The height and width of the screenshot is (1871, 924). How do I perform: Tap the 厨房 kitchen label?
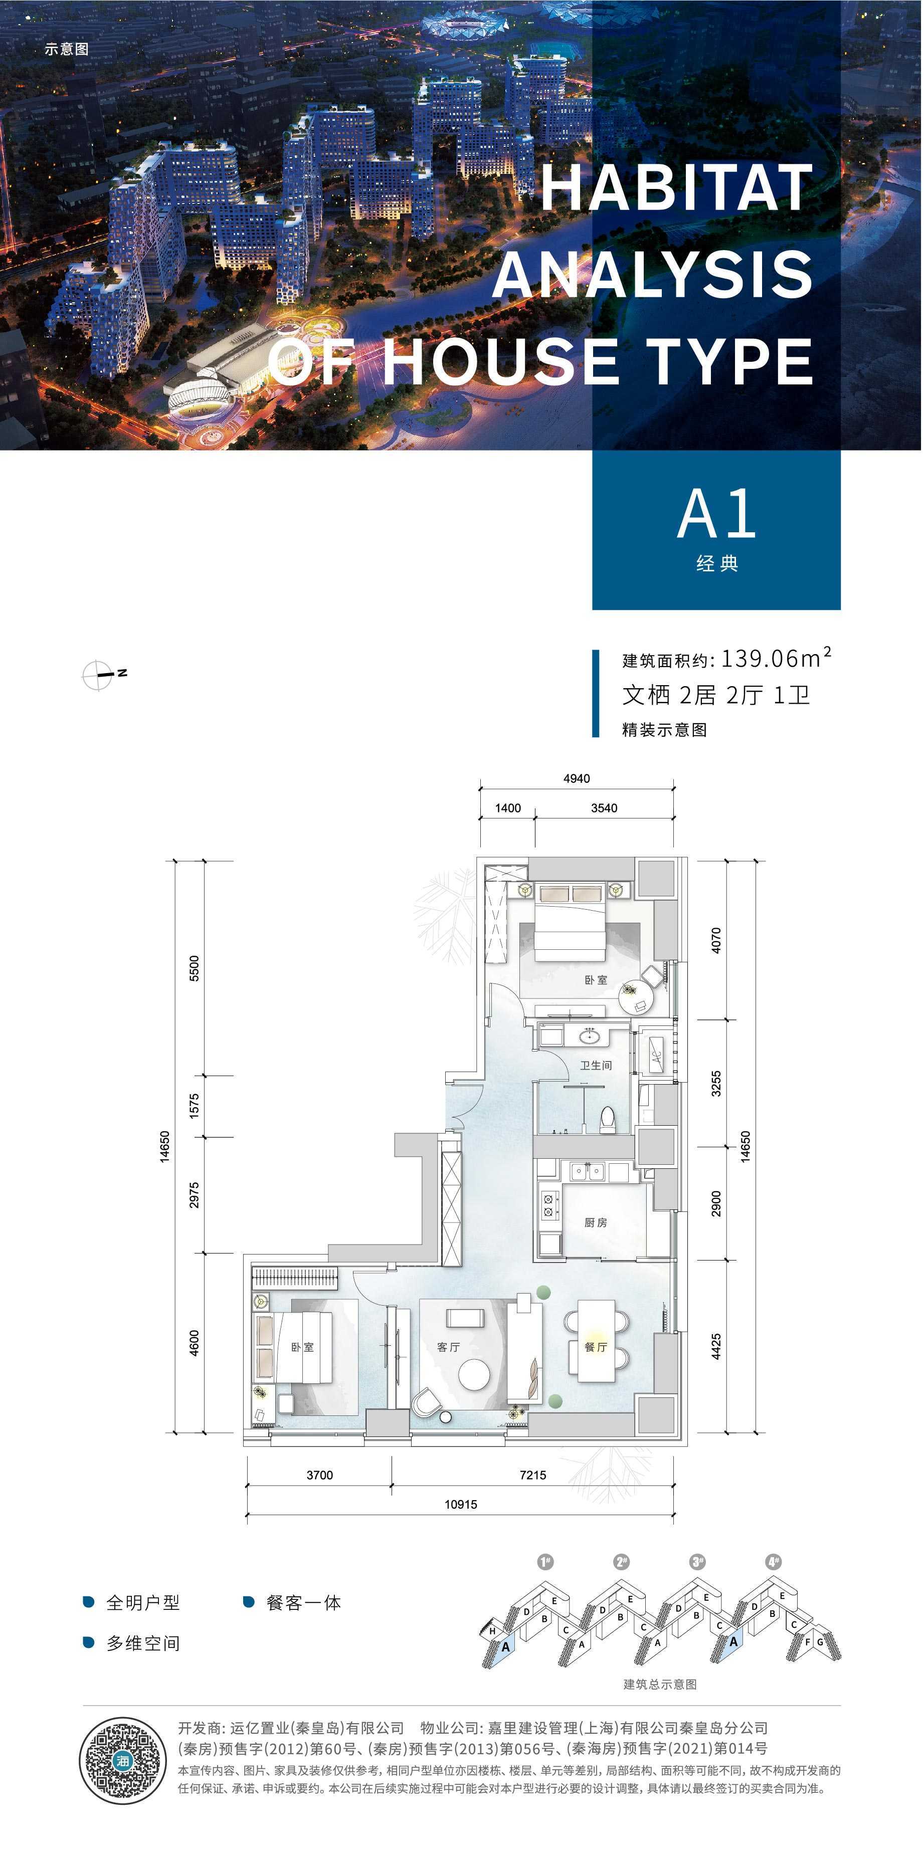pos(596,1222)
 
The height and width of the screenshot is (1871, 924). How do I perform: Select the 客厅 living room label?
pos(448,1347)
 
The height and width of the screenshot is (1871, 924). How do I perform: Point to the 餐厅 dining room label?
pos(596,1347)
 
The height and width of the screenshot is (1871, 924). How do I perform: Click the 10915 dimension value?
pos(461,1504)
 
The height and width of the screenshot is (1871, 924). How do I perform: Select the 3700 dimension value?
pos(320,1475)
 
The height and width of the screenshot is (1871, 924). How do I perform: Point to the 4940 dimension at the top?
pos(577,778)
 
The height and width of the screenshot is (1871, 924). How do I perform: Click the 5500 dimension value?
pos(194,968)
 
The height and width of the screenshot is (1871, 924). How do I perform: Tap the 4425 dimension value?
pos(716,1346)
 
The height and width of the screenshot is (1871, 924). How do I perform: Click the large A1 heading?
pos(717,514)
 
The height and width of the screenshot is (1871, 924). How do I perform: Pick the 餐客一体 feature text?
pos(304,1602)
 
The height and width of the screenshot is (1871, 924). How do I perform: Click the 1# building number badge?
pos(545,1561)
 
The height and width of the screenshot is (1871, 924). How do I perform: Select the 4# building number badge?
pos(774,1561)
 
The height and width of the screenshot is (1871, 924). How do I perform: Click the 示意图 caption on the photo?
pos(67,49)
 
